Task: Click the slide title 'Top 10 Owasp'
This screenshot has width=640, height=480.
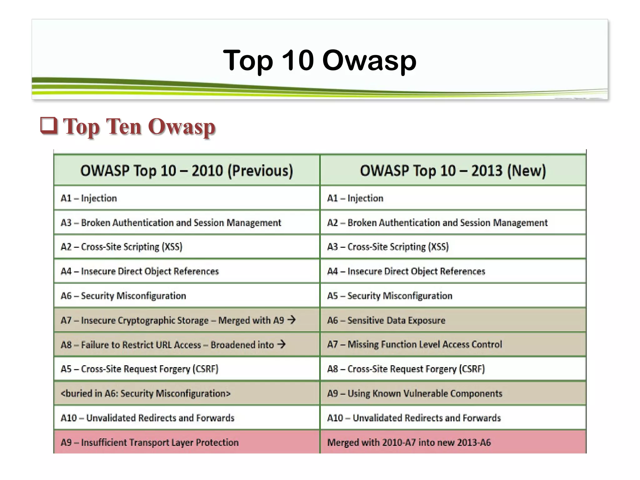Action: pyautogui.click(x=319, y=60)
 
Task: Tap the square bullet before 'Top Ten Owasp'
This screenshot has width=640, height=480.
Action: pyautogui.click(x=49, y=126)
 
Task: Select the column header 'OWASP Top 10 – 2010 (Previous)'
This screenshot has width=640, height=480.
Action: pyautogui.click(x=187, y=171)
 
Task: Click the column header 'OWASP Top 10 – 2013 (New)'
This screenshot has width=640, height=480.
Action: pyautogui.click(x=452, y=171)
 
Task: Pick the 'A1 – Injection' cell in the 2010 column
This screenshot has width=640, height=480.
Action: pyautogui.click(x=89, y=198)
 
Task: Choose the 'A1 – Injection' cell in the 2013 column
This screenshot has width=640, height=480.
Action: pyautogui.click(x=355, y=198)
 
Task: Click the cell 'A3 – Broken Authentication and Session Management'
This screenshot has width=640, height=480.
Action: pyautogui.click(x=171, y=222)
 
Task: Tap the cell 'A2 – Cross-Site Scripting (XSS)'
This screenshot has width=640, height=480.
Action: pyautogui.click(x=121, y=247)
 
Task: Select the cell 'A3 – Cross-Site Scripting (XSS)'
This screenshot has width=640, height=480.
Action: pyautogui.click(x=387, y=247)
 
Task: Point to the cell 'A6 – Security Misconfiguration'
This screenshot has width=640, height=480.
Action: pyautogui.click(x=123, y=296)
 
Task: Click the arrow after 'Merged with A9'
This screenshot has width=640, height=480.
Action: pyautogui.click(x=291, y=320)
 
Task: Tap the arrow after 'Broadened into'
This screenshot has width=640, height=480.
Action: pyautogui.click(x=281, y=344)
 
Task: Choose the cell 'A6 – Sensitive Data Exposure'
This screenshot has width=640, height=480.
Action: pyautogui.click(x=386, y=320)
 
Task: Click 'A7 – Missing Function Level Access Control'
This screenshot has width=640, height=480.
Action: pyautogui.click(x=414, y=344)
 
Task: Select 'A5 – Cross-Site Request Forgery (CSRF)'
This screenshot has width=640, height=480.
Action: pyautogui.click(x=139, y=369)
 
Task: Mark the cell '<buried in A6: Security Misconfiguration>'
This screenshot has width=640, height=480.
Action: pyautogui.click(x=145, y=393)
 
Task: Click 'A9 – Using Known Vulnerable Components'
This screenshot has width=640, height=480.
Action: pyautogui.click(x=414, y=393)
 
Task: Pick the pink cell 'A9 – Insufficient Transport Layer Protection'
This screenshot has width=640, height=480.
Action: pyautogui.click(x=149, y=442)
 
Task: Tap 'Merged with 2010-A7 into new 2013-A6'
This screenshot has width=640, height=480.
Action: pyautogui.click(x=409, y=442)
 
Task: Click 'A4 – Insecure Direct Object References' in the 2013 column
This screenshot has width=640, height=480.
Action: pyautogui.click(x=406, y=271)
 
